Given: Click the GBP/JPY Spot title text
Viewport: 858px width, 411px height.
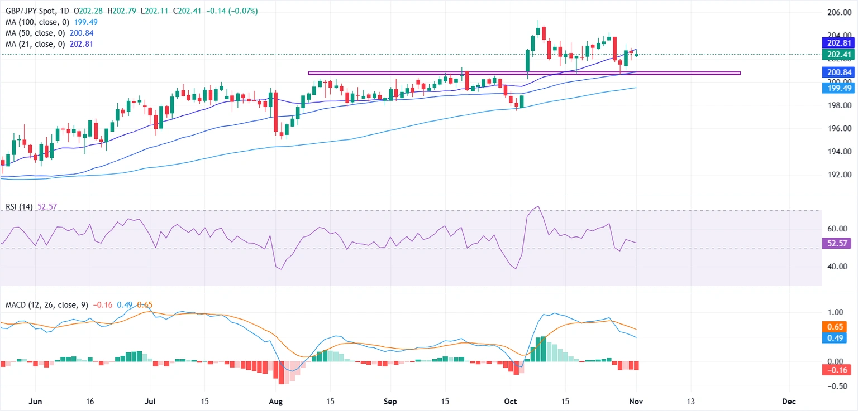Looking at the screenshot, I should click(31, 11).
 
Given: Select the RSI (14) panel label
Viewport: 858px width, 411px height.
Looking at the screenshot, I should click(18, 207).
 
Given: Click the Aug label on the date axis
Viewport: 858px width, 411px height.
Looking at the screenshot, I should click(275, 401).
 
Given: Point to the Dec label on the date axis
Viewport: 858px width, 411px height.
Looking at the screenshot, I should click(789, 401).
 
